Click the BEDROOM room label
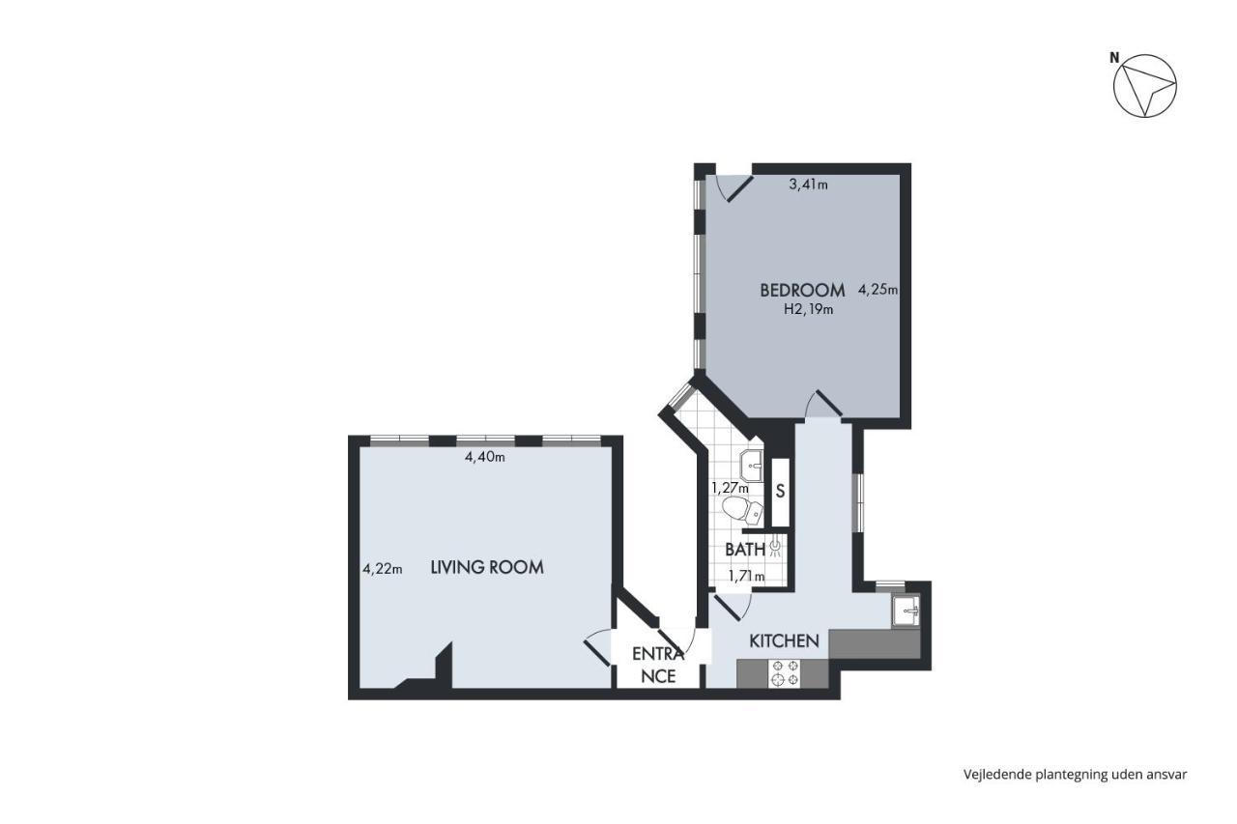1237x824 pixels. [x=802, y=291]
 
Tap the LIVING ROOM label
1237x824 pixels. [x=487, y=567]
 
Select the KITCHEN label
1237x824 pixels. [x=784, y=640]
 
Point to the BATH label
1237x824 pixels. [x=745, y=550]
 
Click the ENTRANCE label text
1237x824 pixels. [x=658, y=665]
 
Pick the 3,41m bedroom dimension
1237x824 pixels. [x=809, y=185]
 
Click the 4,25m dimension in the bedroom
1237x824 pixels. [x=878, y=289]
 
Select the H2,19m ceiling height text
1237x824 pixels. [x=809, y=310]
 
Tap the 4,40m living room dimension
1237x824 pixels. [x=485, y=457]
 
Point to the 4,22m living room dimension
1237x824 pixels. [x=382, y=568]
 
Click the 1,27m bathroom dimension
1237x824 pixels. [x=730, y=488]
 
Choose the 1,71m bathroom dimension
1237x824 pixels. [x=747, y=577]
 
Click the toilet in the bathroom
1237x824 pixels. [x=743, y=510]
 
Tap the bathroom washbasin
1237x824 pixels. [x=752, y=467]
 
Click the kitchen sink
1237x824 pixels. [x=906, y=611]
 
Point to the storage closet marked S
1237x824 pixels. [x=780, y=492]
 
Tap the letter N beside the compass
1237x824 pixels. [x=1114, y=58]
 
